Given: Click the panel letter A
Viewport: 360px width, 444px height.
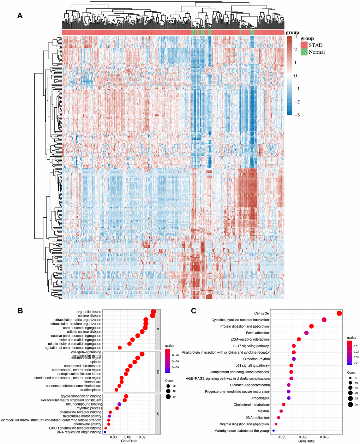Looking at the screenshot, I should coord(20,16).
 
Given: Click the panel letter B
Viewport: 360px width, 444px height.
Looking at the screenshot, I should coord(20,311).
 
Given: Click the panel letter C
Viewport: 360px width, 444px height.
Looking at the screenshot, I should coord(193,311).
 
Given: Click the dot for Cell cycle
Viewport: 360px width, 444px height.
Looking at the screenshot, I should coord(339,313).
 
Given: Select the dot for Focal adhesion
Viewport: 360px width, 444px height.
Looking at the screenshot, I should coord(306,333).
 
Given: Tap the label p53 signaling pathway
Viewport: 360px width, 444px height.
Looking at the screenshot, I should coord(252,366).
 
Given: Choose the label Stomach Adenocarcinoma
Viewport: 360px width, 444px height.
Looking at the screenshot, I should coord(250,385).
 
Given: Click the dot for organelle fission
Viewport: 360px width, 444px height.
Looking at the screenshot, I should coord(153,312).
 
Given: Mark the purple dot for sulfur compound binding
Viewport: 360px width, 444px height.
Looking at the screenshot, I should coord(119,404).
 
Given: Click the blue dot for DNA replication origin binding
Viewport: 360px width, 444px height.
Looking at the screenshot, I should coord(105,432).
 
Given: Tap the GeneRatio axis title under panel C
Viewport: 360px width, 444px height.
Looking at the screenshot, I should coord(306,442).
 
